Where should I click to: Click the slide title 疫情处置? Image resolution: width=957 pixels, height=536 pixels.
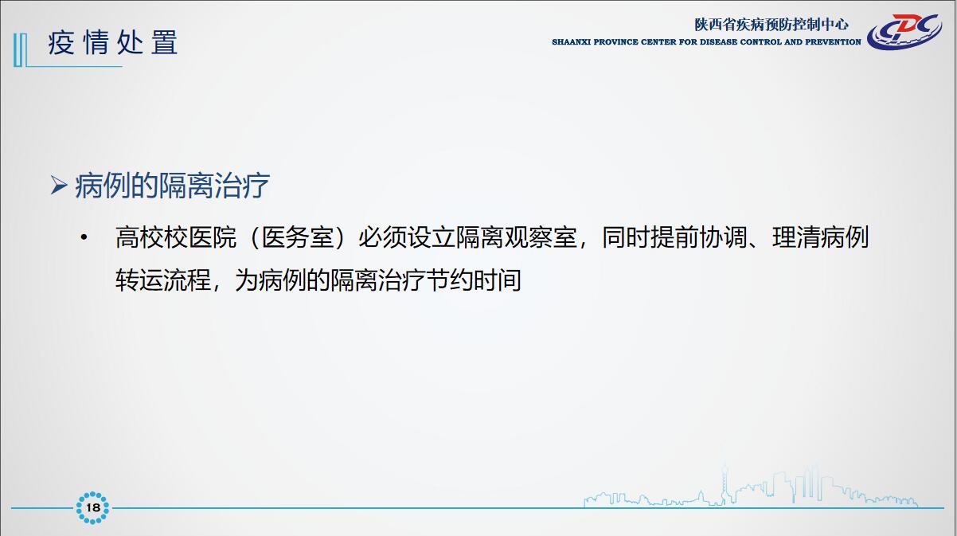tap(113, 42)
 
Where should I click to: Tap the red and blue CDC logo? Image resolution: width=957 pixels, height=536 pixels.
tap(904, 31)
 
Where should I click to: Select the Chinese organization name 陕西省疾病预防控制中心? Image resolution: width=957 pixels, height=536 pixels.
tap(771, 25)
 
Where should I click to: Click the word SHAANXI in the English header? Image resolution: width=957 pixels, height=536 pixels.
tap(571, 42)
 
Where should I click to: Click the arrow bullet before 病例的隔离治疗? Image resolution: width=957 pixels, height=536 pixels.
tap(59, 185)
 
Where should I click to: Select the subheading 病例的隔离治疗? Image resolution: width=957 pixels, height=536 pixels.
tap(172, 186)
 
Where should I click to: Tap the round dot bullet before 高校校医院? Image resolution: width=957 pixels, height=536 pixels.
tap(84, 237)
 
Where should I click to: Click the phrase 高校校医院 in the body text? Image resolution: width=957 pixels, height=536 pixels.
tap(176, 237)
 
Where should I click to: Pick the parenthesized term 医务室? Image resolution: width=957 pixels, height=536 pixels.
tap(297, 237)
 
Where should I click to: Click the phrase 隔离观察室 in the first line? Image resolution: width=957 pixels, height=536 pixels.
tap(516, 237)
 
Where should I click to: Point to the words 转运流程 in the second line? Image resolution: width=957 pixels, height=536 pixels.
tap(163, 280)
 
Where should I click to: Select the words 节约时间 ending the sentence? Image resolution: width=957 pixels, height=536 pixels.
tap(474, 280)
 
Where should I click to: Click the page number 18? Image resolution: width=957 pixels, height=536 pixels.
tap(92, 508)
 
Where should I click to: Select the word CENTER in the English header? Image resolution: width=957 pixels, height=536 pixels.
tap(658, 42)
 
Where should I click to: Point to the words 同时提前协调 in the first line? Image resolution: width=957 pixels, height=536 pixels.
tap(674, 237)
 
